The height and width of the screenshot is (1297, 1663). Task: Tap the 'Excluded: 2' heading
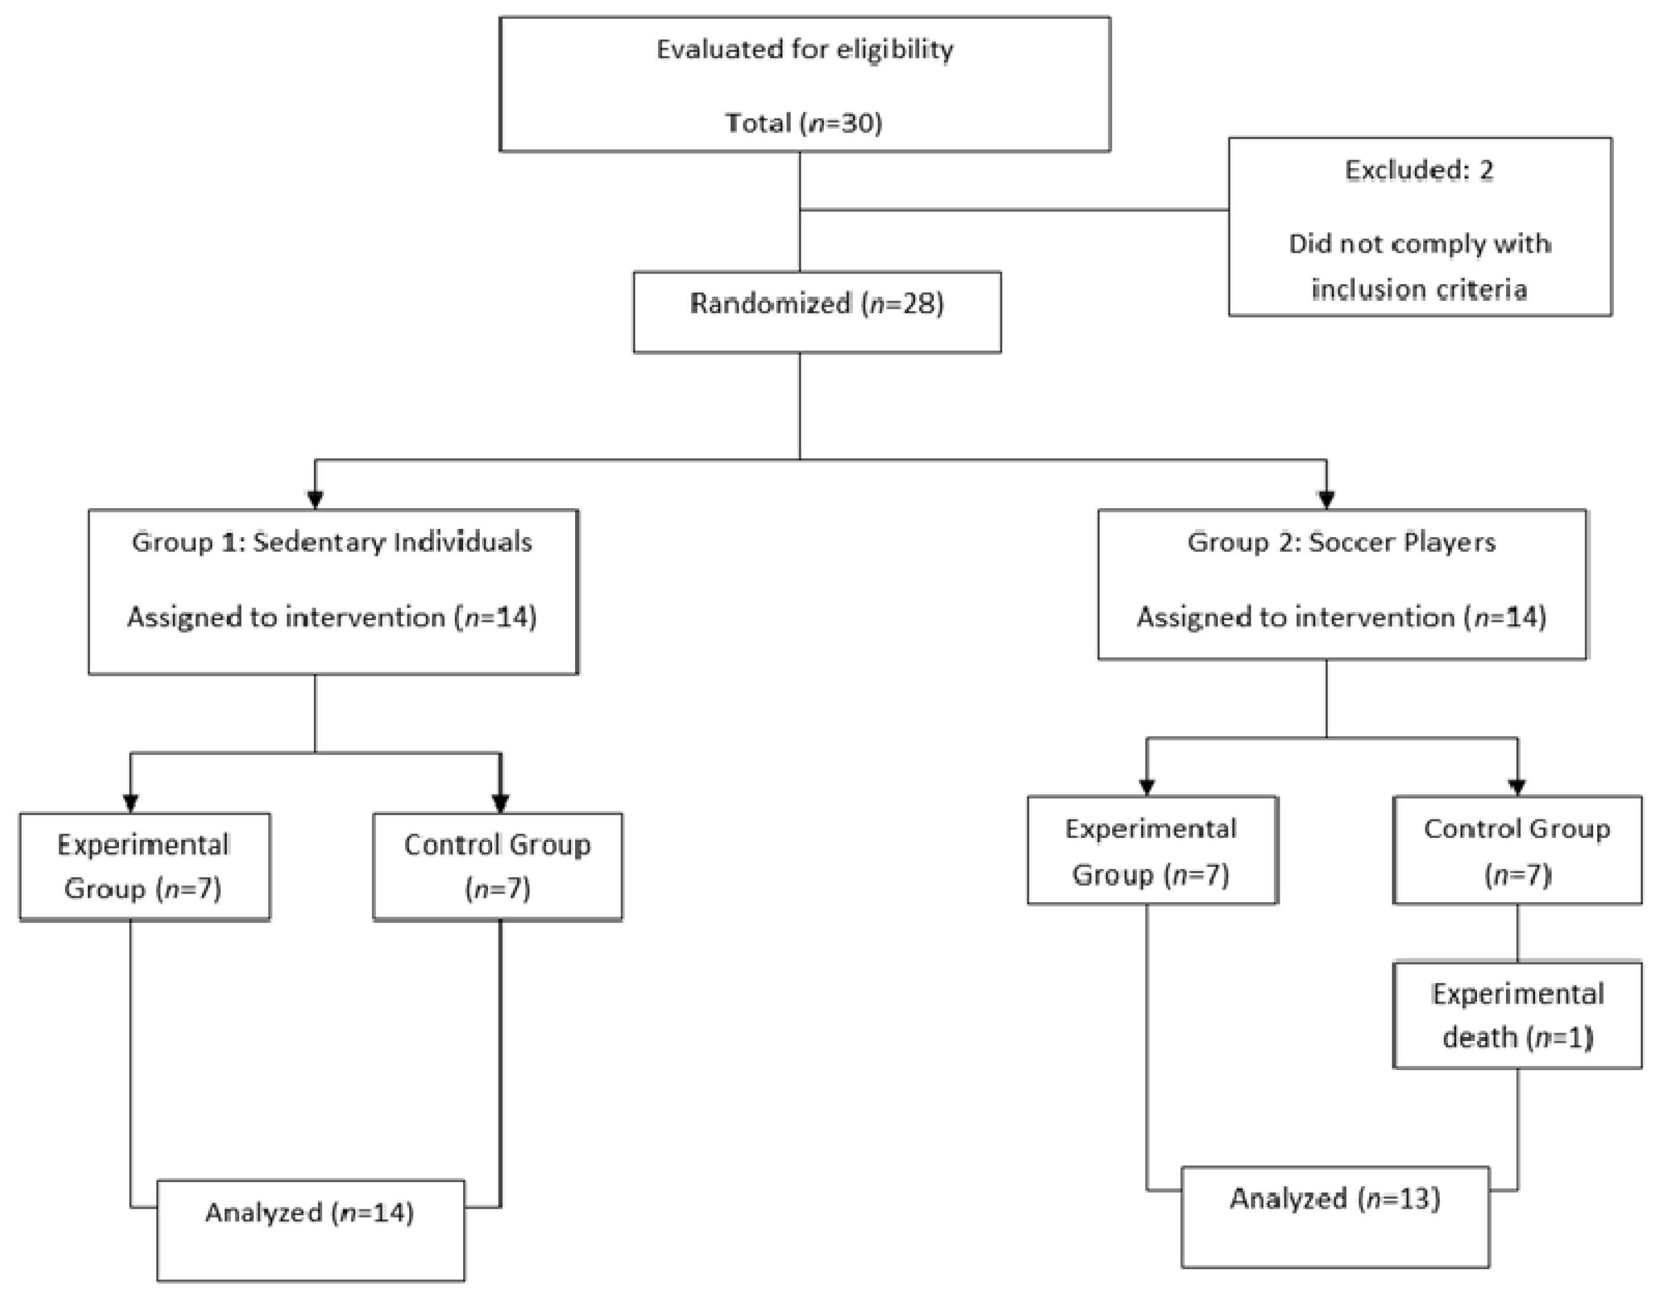click(1420, 170)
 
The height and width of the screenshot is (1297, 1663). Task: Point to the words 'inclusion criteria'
click(1420, 290)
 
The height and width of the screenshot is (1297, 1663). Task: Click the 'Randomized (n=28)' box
click(817, 312)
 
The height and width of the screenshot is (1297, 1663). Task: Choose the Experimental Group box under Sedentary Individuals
click(144, 866)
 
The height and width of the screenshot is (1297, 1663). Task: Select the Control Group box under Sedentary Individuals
click(497, 866)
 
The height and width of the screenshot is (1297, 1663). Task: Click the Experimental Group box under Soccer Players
click(1152, 850)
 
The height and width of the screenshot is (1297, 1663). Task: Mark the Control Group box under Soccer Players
click(1517, 850)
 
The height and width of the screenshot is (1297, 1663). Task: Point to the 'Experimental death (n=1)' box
click(1517, 1015)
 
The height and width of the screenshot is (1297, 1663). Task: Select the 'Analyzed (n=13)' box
click(1335, 1216)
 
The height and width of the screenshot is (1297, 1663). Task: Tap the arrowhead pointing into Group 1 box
click(315, 500)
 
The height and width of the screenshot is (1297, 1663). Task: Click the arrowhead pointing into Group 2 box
click(1327, 500)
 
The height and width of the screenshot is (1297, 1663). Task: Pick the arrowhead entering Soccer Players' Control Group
click(1517, 786)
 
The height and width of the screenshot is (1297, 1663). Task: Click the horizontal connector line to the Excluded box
click(1013, 210)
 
